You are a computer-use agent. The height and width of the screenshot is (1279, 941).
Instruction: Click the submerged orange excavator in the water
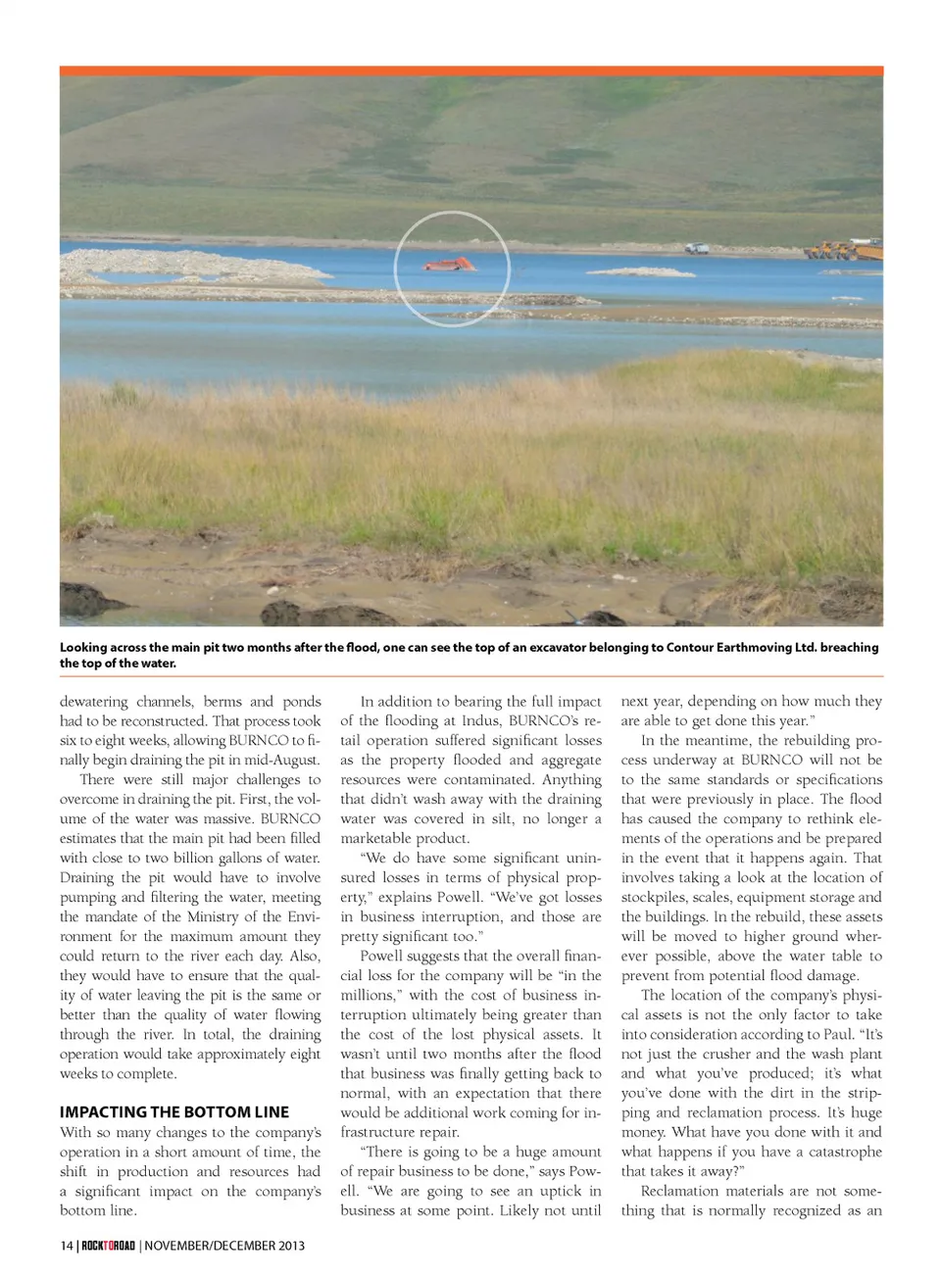(x=450, y=264)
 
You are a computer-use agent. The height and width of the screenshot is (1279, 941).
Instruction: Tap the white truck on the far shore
(x=696, y=249)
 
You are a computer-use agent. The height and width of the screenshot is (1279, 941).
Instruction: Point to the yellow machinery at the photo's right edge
(x=845, y=249)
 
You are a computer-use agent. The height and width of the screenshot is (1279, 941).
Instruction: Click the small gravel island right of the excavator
(x=642, y=271)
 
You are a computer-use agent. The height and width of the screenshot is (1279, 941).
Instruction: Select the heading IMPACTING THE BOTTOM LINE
(x=174, y=1112)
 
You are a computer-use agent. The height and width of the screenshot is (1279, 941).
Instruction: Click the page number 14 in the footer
(x=66, y=1246)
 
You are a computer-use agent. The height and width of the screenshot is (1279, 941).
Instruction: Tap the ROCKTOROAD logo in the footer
(x=108, y=1246)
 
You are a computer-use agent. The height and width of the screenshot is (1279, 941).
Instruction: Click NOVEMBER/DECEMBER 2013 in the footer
(x=224, y=1246)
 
